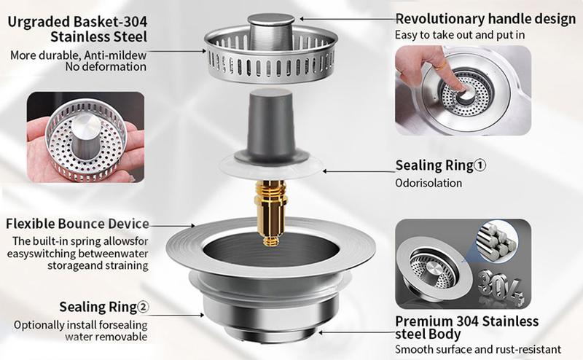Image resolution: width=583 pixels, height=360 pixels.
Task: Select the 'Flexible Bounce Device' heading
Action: click(x=77, y=223)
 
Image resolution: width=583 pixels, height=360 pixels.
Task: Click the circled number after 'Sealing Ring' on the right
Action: click(x=480, y=165)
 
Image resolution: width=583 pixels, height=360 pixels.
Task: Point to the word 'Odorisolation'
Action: click(x=429, y=183)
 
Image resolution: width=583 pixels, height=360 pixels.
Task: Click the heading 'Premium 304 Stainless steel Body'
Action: click(x=466, y=327)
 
